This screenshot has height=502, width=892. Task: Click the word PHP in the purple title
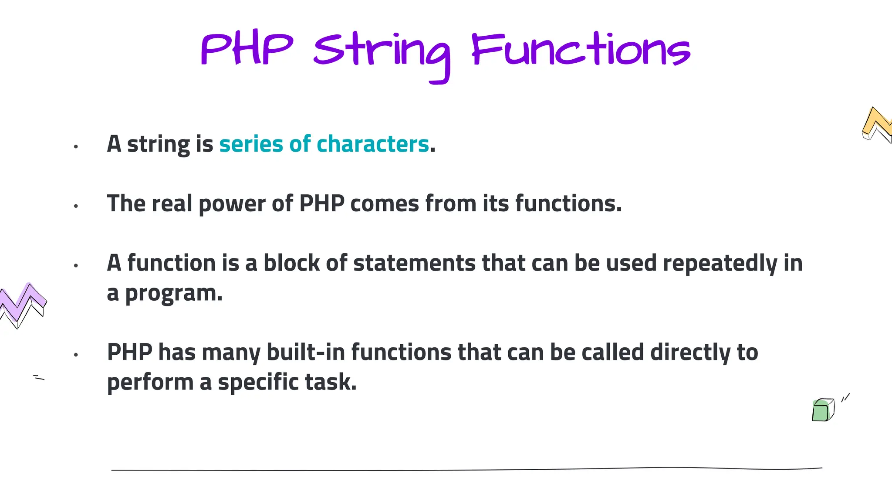247,49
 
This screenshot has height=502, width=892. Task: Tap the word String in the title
382,52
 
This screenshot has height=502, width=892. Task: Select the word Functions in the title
581,50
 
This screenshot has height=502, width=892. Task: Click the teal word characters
373,144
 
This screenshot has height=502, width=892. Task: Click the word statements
414,263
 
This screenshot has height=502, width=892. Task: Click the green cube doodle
822,410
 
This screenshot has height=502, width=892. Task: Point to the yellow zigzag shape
876,124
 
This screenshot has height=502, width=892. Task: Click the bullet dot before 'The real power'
76,206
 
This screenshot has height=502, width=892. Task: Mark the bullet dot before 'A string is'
76,147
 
